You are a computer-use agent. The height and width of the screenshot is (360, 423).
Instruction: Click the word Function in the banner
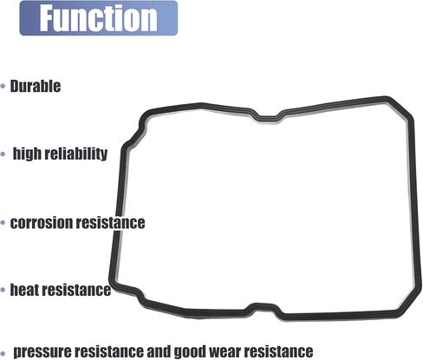coord(98,18)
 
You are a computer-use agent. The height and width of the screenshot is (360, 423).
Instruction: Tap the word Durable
coord(36,86)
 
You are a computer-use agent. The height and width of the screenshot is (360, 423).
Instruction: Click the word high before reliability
coord(27,154)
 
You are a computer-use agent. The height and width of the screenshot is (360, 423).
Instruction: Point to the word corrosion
coord(42,223)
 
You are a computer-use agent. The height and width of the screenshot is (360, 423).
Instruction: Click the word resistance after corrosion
coord(110,223)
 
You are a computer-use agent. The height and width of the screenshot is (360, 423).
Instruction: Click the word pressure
coord(42,351)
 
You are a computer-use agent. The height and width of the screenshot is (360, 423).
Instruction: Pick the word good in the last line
coord(190,352)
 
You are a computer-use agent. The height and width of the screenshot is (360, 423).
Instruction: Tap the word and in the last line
coord(159,351)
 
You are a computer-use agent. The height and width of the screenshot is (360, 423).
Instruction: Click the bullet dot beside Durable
coord(3,86)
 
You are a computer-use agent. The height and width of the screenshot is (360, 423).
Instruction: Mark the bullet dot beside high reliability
coord(3,154)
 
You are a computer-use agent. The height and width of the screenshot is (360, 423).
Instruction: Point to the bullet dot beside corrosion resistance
coord(3,223)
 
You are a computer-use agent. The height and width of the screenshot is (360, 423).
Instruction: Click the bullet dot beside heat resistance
coord(3,290)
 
